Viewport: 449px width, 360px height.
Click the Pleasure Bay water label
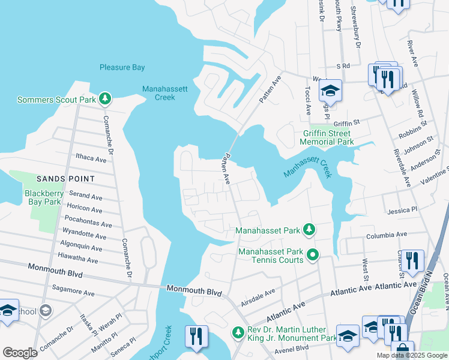tap(122, 68)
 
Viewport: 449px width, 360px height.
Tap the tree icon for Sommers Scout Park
tap(106, 98)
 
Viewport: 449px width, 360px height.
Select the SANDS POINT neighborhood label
tap(65, 179)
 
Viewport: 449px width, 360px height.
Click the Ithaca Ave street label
tap(91, 159)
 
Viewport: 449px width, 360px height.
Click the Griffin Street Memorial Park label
tap(328, 138)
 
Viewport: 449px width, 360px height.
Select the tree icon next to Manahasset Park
tap(309, 230)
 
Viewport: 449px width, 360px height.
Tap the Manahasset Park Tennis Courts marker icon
tap(312, 256)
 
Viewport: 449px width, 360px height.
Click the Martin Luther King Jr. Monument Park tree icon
tap(238, 332)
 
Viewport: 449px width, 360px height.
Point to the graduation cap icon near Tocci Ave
tap(330, 91)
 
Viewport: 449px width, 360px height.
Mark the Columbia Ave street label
tap(387, 234)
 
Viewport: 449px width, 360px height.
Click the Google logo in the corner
tap(20, 353)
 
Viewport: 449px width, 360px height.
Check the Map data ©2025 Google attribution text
tap(411, 355)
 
